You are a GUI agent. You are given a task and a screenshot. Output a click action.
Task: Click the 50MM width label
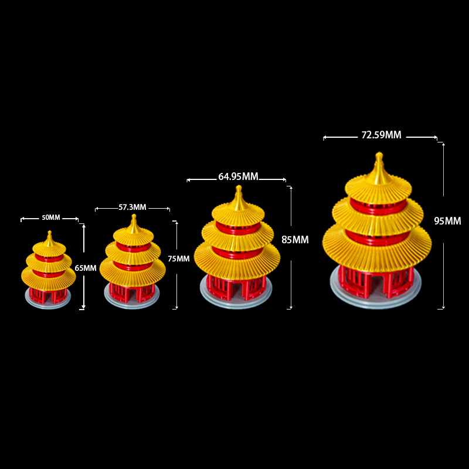click(50, 217)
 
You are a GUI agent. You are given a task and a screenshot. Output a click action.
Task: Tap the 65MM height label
click(86, 268)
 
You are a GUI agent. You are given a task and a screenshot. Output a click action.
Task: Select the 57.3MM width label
click(132, 207)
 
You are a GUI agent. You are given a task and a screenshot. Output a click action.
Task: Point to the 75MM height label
click(179, 259)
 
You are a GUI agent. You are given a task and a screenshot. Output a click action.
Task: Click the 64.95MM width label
click(238, 176)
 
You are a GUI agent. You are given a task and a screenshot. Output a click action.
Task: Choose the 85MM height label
click(295, 240)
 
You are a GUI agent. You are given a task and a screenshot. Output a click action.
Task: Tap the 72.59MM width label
click(381, 135)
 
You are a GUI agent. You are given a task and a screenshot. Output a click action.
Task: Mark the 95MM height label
click(447, 221)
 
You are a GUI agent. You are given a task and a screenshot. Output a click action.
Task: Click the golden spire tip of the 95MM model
click(379, 156)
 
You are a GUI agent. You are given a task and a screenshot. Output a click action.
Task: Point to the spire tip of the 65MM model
click(49, 233)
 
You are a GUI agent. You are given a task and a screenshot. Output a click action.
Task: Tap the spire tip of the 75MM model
click(134, 217)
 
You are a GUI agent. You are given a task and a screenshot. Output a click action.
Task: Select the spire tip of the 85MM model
click(238, 188)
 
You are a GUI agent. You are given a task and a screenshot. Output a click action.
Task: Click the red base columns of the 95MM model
click(376, 281)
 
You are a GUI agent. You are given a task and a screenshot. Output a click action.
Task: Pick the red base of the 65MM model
click(49, 294)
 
